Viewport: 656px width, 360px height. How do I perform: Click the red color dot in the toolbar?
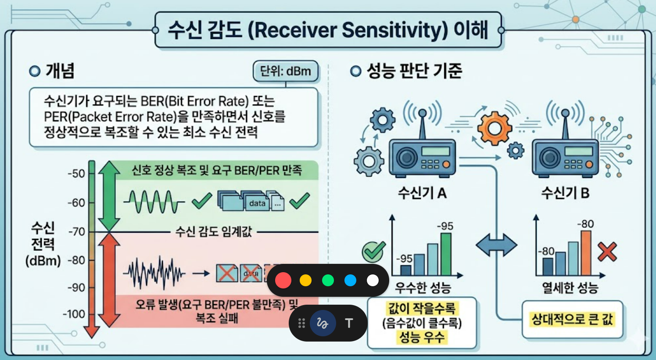click(x=283, y=280)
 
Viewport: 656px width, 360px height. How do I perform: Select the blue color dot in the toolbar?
click(x=350, y=280)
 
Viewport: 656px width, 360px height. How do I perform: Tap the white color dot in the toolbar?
click(x=373, y=280)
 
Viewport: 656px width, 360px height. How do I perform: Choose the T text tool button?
click(x=349, y=324)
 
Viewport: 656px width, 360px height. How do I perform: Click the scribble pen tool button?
click(x=323, y=324)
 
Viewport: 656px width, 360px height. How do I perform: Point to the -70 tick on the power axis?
click(x=77, y=231)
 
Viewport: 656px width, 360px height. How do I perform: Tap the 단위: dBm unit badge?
click(x=285, y=71)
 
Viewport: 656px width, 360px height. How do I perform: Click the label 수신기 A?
click(x=422, y=193)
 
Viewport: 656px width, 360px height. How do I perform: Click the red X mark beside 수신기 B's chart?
click(x=607, y=252)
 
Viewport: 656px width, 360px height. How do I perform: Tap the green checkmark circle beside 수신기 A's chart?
click(x=373, y=252)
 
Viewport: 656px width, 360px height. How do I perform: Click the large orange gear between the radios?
click(x=495, y=128)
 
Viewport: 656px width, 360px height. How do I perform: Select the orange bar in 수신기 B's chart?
click(x=586, y=252)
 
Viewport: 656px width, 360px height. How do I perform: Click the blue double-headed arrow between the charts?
click(x=496, y=245)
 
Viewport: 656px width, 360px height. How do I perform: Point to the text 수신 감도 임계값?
click(x=213, y=231)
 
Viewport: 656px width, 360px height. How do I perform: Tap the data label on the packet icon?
click(x=257, y=203)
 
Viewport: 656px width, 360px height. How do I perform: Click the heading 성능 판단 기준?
click(x=414, y=71)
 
